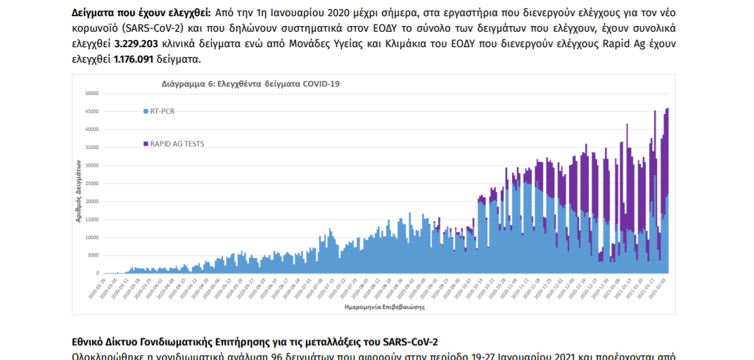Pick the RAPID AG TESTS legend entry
pyautogui.click(x=174, y=143)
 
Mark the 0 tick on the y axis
pyautogui.click(x=98, y=273)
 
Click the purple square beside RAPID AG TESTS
pyautogui.click(x=146, y=143)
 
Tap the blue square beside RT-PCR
pyautogui.click(x=146, y=111)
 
